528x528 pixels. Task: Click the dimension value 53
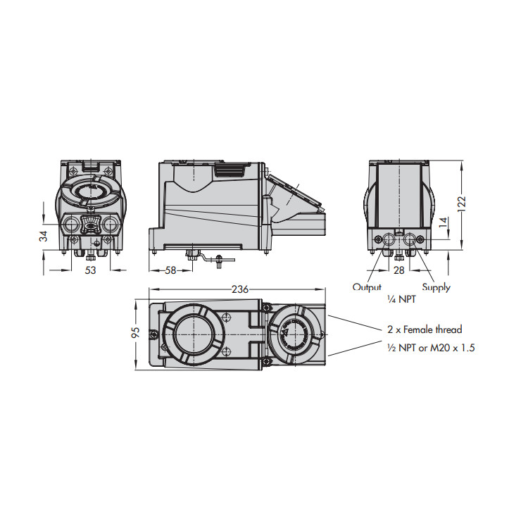click(x=91, y=270)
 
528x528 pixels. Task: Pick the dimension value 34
click(x=43, y=235)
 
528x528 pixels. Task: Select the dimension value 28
click(x=399, y=270)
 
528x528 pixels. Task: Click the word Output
click(x=367, y=287)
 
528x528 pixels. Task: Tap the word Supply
click(x=436, y=287)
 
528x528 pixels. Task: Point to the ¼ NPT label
click(x=403, y=299)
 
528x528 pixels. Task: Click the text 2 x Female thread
click(x=425, y=329)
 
